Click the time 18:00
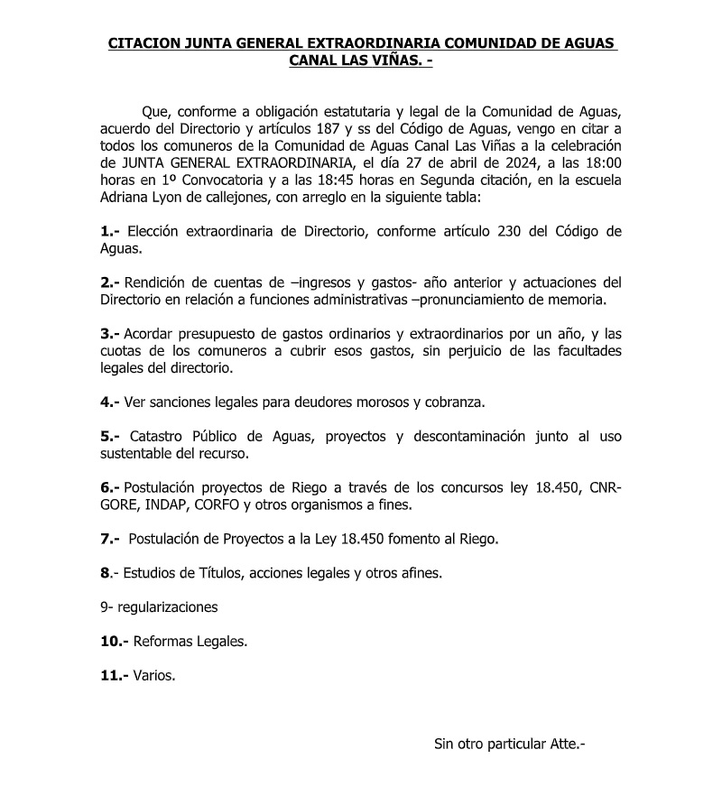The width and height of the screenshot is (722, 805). (603, 163)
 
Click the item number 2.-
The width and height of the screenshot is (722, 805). (110, 282)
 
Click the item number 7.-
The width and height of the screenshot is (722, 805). (110, 539)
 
